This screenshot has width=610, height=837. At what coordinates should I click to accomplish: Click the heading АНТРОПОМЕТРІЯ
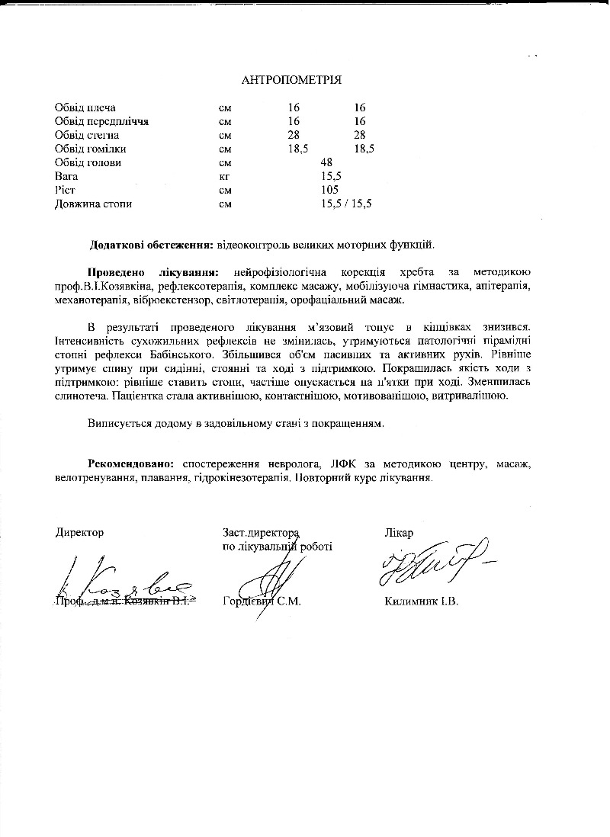tap(291, 80)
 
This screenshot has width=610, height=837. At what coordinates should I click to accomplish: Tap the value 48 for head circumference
tap(327, 162)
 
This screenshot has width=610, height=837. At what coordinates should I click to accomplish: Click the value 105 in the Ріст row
tap(329, 190)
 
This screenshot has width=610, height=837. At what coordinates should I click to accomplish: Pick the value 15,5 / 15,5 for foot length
tap(346, 204)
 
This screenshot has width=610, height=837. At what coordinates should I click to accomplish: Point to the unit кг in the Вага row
tap(224, 176)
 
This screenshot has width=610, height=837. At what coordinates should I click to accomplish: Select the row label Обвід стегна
tap(87, 135)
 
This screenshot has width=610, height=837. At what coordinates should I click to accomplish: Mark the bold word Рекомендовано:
tap(130, 464)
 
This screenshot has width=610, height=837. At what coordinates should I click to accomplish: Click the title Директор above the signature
tap(79, 532)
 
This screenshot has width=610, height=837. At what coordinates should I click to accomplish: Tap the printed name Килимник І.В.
tap(422, 601)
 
